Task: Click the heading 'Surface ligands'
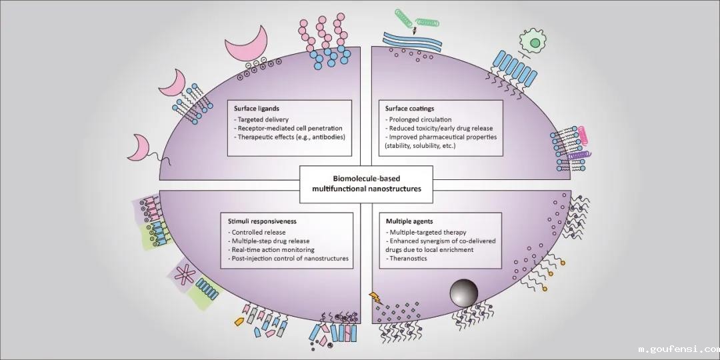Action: click(x=257, y=108)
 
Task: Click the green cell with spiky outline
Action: click(x=553, y=42)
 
